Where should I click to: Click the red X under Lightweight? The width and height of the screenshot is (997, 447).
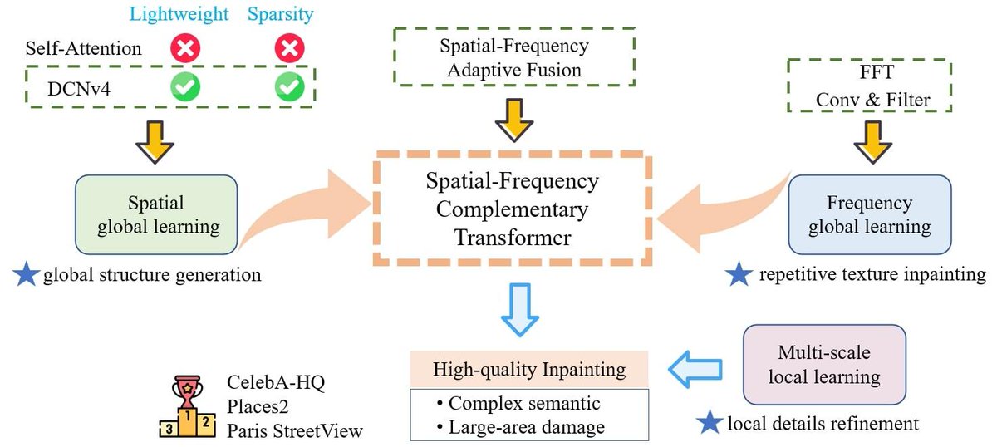coord(185,48)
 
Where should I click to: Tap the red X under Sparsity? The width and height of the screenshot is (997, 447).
coord(289,48)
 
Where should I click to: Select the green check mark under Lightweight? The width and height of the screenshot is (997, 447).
coord(185,86)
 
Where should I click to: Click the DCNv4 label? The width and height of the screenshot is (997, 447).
coord(79,89)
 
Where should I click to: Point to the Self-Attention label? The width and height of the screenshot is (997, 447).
coord(83,48)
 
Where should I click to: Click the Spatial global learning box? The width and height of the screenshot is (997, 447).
coord(156,214)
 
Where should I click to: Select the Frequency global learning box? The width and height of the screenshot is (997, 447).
coord(870,214)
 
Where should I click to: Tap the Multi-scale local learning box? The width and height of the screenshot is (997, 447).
coord(824,365)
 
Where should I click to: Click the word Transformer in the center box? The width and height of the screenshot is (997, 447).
coord(513,238)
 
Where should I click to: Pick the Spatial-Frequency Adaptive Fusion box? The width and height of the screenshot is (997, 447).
coord(514,57)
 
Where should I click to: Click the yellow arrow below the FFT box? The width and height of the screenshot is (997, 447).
coord(872,142)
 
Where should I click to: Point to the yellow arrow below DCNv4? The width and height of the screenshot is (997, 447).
coord(155,142)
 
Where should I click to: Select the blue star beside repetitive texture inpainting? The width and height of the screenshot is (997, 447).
coord(739,274)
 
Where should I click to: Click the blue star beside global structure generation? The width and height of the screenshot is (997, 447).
coord(26,274)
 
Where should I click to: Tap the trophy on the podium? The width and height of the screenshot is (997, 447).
coord(188,392)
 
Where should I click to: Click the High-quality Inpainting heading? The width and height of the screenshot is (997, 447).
coord(529,370)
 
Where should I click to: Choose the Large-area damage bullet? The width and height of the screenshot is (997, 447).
coord(521,427)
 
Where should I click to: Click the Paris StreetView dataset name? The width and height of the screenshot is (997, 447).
coord(295,431)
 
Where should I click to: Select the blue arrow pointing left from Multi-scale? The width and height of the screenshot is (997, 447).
coord(695,369)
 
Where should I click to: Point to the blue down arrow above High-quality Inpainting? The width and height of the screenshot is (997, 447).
coord(520,309)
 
